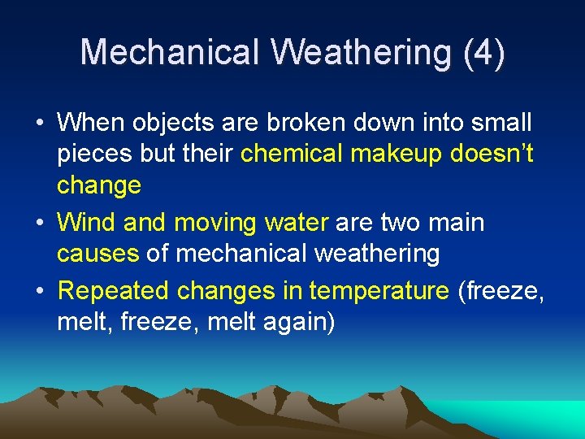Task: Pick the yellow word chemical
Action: (292, 154)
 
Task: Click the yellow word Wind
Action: (85, 222)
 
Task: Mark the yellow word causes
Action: (97, 254)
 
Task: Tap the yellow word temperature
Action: (379, 290)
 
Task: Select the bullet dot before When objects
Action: (39, 124)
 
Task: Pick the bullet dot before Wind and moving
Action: (39, 223)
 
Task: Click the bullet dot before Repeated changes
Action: (39, 291)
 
